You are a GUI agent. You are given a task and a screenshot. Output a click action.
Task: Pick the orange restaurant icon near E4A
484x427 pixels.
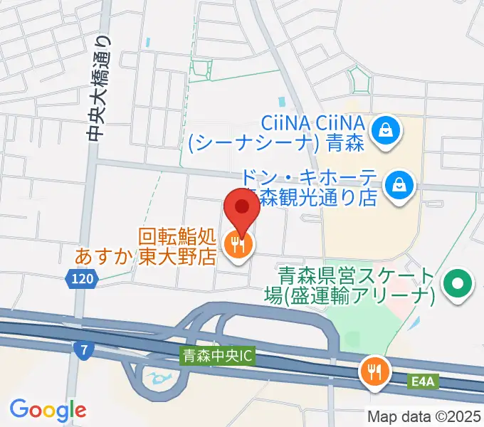tap(374, 371)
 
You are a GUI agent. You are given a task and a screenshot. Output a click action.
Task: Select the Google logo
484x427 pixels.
tap(48, 409)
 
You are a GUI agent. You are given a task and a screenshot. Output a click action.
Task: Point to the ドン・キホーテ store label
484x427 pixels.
tap(310, 187)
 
